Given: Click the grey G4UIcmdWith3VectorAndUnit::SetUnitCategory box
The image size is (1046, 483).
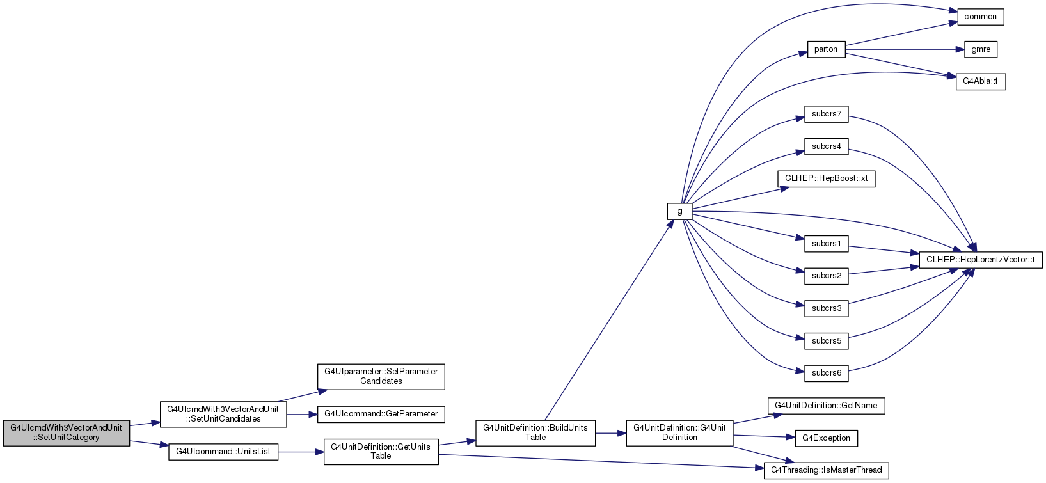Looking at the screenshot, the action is [67, 433].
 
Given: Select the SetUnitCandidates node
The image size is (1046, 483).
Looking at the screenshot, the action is [223, 415].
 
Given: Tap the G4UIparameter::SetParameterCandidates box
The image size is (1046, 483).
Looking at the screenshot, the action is [381, 377].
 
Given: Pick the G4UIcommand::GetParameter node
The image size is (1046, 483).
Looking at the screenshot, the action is [381, 415].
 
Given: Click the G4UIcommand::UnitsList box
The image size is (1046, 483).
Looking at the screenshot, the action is [223, 452].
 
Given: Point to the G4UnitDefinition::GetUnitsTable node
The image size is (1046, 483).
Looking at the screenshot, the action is [381, 452].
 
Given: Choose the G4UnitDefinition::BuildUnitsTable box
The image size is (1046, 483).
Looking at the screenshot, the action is [535, 433].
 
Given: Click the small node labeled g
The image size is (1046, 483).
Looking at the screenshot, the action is [679, 211].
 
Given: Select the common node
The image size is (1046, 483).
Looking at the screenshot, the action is [981, 17].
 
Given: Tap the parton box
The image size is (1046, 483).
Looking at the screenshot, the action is [826, 49].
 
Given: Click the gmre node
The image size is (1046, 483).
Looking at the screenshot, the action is [981, 49].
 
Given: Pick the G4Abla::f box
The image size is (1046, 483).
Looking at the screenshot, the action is [981, 82].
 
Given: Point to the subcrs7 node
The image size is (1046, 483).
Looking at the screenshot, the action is [826, 114].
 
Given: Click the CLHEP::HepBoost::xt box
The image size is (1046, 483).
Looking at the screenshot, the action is [826, 179].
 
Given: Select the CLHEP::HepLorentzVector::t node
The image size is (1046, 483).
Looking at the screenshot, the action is [981, 260].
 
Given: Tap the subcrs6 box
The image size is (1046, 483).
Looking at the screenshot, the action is [826, 373].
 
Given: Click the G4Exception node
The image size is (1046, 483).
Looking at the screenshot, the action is [826, 438].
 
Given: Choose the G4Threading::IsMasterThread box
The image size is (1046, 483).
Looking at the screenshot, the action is [826, 470].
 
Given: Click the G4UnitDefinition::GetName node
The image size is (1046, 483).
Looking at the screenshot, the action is [826, 406].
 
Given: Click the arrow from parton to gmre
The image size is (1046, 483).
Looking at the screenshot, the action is [905, 49].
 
